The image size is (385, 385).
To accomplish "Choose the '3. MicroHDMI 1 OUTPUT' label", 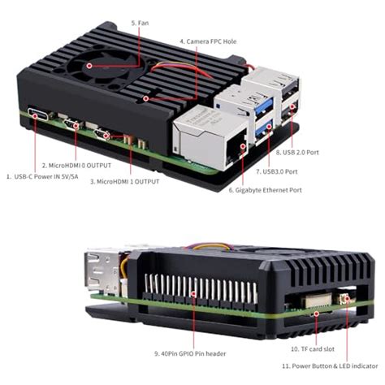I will point(124,182).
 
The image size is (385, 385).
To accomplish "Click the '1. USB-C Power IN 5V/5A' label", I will point(48,175).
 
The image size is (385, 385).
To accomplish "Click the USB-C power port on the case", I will point(37,115).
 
